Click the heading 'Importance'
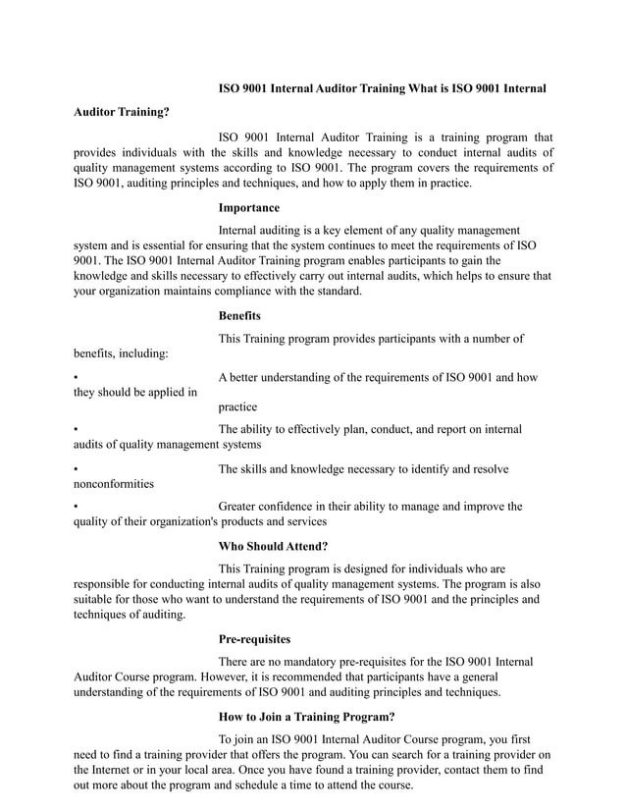click(248, 208)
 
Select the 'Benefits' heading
click(238, 315)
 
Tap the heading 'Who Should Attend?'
click(273, 545)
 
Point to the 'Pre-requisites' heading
click(254, 639)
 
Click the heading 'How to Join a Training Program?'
click(306, 716)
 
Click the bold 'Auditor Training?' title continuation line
click(122, 112)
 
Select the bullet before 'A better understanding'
click(77, 378)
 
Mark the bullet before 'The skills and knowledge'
click(77, 470)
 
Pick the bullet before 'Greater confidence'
click(77, 507)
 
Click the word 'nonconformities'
click(114, 484)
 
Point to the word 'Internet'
click(121, 770)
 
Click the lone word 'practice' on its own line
click(237, 406)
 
